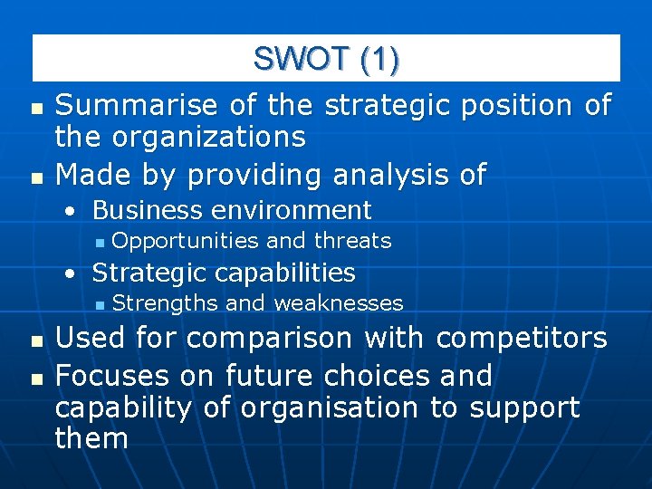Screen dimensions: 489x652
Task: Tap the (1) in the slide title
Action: click(x=379, y=59)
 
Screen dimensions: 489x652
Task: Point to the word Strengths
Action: click(x=166, y=302)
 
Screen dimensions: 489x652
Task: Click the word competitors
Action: click(x=522, y=338)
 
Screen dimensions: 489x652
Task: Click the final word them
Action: click(x=91, y=439)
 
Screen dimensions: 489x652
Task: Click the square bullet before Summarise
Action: click(x=35, y=108)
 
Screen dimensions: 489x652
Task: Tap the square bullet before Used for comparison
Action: click(x=35, y=340)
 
